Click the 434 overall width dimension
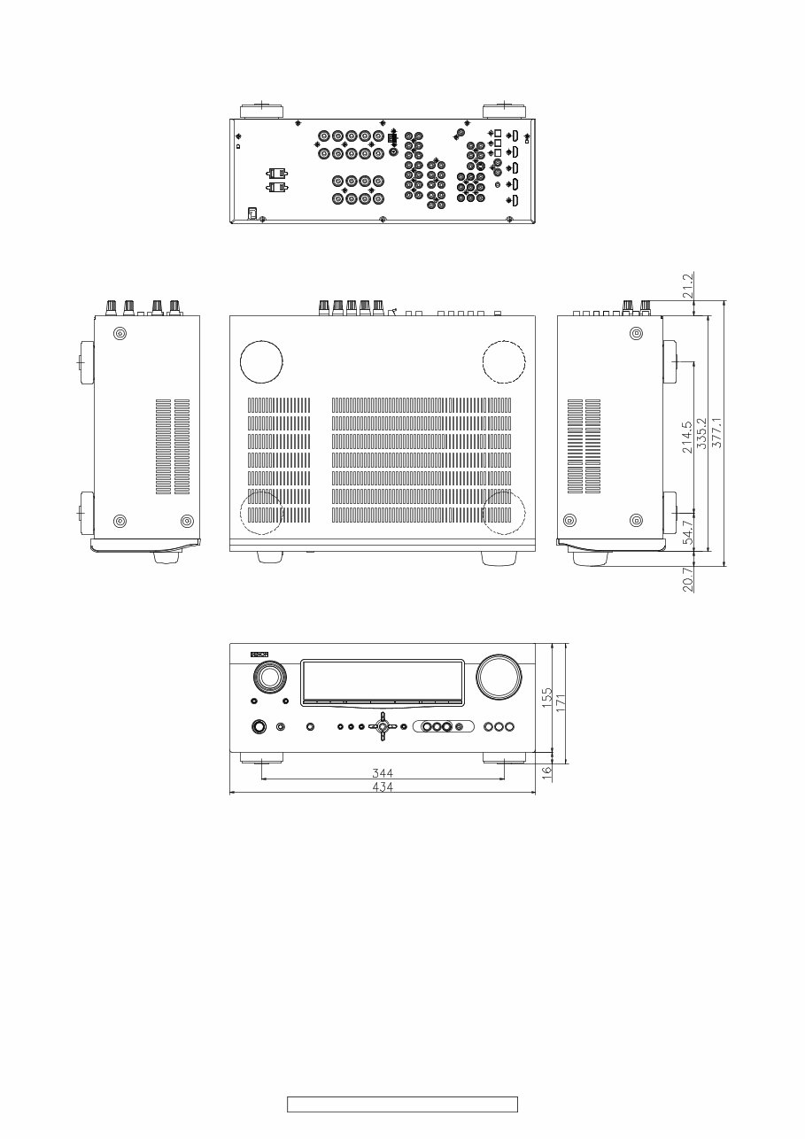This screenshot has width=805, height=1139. (x=383, y=786)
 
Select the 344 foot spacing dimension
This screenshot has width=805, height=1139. (x=383, y=773)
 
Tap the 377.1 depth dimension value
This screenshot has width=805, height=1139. (x=717, y=432)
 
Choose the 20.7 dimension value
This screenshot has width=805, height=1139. (x=688, y=579)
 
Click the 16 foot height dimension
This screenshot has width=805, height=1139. (x=546, y=771)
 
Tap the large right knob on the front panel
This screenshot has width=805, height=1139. (x=499, y=678)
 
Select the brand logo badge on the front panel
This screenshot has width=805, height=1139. (x=259, y=654)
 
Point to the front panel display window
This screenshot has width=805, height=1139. (x=382, y=682)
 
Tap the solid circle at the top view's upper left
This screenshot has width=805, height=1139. (x=262, y=360)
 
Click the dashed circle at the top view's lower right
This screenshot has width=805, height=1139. (x=504, y=514)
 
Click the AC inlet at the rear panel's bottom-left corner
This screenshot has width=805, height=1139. (x=252, y=213)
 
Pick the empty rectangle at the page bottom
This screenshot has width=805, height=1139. (x=402, y=1104)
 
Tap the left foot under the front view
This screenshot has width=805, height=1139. (x=262, y=758)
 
